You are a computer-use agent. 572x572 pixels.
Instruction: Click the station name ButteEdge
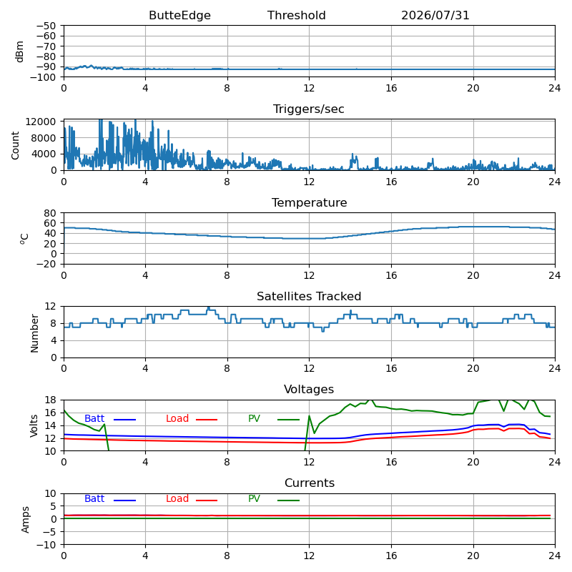[x=179, y=15]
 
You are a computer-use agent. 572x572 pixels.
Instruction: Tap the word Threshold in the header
[x=296, y=15]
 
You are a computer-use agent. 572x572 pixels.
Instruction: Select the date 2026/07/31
[x=435, y=15]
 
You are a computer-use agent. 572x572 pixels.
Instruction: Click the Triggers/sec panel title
[x=309, y=109]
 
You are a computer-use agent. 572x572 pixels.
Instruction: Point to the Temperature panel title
[x=310, y=202]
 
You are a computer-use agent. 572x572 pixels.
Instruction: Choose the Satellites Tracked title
[x=309, y=296]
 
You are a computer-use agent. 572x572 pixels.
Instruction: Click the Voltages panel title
[x=309, y=389]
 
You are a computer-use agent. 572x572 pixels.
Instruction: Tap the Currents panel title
[x=310, y=483]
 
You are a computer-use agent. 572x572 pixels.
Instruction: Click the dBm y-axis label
[x=20, y=51]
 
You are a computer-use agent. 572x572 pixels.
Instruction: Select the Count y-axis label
[x=15, y=146]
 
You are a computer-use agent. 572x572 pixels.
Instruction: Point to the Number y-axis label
[x=34, y=333]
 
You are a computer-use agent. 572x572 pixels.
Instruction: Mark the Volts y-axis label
[x=34, y=425]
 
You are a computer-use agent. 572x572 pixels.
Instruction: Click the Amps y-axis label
[x=25, y=520]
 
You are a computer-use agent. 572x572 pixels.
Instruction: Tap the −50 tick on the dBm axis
[x=46, y=26]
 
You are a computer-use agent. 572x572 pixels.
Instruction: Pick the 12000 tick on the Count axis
[x=41, y=122]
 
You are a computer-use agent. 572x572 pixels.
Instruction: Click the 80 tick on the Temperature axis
[x=50, y=213]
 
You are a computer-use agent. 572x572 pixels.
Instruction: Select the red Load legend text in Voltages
[x=177, y=418]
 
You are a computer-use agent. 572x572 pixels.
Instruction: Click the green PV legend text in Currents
[x=255, y=498]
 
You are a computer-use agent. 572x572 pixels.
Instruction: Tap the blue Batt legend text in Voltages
[x=94, y=418]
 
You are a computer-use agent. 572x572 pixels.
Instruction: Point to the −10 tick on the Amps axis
[x=46, y=545]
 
